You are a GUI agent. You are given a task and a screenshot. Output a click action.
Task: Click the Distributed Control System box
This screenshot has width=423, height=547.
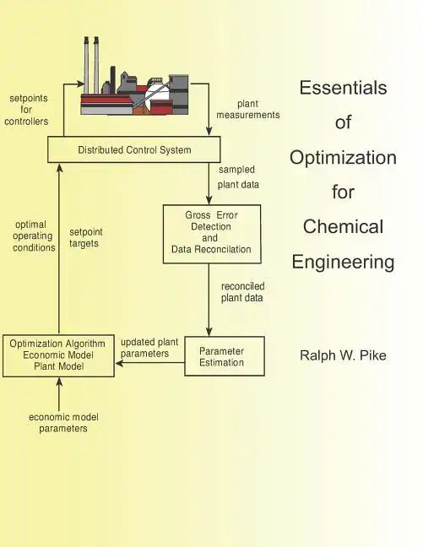pos(135,150)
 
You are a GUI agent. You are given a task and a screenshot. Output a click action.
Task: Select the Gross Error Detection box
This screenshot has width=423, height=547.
pos(211,233)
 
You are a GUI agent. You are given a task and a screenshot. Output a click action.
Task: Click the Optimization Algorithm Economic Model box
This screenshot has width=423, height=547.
pos(58,355)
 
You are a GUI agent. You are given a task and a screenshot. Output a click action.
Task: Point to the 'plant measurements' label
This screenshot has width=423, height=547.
pos(247,109)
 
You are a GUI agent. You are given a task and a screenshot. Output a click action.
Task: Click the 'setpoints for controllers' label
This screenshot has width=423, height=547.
pos(24,110)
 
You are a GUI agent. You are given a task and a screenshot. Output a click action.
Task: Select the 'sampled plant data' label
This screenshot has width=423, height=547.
pos(238,177)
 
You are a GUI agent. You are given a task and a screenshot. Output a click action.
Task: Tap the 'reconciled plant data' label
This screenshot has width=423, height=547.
pos(242,291)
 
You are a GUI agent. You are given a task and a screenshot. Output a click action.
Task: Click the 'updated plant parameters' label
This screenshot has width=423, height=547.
pos(149,348)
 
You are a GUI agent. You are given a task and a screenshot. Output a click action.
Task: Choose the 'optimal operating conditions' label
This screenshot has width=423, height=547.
pos(34,236)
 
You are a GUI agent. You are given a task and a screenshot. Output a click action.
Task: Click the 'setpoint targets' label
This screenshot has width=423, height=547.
pos(84,237)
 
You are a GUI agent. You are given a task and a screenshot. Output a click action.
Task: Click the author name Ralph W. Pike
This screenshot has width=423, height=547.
pos(343,355)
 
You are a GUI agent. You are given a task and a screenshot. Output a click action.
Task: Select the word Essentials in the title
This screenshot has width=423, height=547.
pos(343,87)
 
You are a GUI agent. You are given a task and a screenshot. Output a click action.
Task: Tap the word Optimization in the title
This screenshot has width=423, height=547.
pos(343,157)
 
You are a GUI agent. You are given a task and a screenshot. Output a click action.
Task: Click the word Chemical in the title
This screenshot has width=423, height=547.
pos(343,226)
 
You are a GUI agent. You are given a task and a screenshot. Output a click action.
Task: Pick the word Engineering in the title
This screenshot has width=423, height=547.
pos(343,262)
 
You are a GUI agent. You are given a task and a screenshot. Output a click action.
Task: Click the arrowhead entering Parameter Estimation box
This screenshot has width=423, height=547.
pos(209,333)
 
